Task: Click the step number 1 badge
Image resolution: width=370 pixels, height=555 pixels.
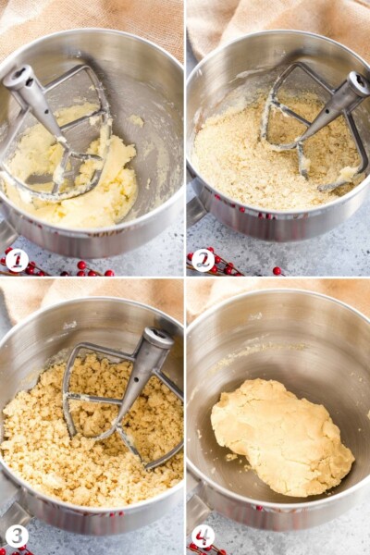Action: point(17,260)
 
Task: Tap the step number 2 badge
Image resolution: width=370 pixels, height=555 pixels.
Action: point(203,260)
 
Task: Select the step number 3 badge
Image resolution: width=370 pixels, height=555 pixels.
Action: point(17,536)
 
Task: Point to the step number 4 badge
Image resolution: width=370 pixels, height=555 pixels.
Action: point(203,536)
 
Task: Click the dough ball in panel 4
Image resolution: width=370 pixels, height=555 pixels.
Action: point(282,438)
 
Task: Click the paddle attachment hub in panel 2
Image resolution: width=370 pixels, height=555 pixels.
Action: point(358,83)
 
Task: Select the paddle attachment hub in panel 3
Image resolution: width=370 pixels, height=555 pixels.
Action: point(157,339)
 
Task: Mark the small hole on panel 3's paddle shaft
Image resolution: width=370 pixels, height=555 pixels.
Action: point(136,381)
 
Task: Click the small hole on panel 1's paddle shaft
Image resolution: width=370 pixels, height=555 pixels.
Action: point(48,112)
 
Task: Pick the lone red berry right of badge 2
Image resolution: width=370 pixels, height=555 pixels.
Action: point(277,271)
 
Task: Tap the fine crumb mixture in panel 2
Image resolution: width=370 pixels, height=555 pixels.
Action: point(248,159)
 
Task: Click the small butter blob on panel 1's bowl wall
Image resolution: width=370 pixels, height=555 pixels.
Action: point(136,120)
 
